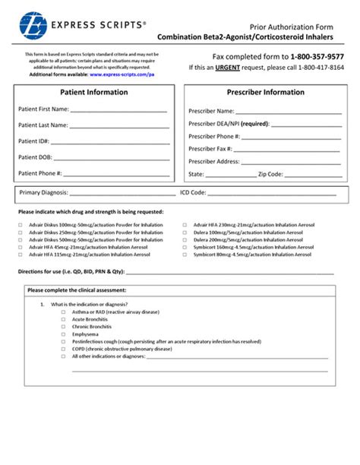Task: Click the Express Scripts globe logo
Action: coord(32,24)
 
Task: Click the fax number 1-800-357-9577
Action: coord(317,56)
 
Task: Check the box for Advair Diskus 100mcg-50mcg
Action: coord(21,226)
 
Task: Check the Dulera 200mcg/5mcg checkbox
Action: coord(185,240)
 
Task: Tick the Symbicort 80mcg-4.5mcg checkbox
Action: coord(185,255)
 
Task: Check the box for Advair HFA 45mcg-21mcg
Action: coord(21,248)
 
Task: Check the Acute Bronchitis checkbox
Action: coord(64,320)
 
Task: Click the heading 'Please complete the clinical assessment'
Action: coord(77,290)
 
